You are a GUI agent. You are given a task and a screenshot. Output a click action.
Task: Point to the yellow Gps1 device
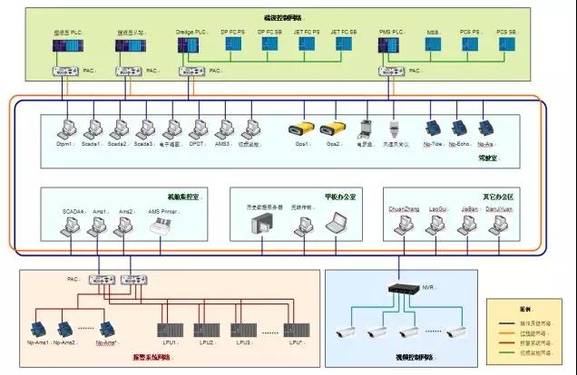[x=300, y=130]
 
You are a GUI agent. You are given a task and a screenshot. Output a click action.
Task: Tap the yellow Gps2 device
[x=333, y=130]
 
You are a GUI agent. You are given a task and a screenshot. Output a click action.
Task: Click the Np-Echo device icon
[x=460, y=130]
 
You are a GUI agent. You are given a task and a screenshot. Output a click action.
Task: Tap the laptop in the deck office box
[x=337, y=220]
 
